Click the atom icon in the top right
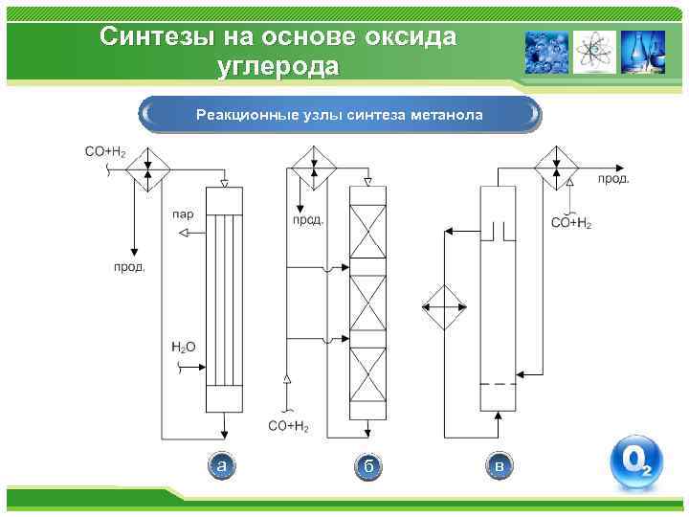tap(594, 52)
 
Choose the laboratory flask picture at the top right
tap(642, 52)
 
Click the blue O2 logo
tap(636, 464)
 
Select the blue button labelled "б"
tap(367, 465)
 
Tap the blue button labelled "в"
tap(498, 465)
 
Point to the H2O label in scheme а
tap(183, 347)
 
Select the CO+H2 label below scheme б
tap(288, 426)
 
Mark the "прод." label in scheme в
tap(613, 178)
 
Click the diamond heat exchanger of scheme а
tap(147, 170)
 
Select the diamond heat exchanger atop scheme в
tap(556, 169)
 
